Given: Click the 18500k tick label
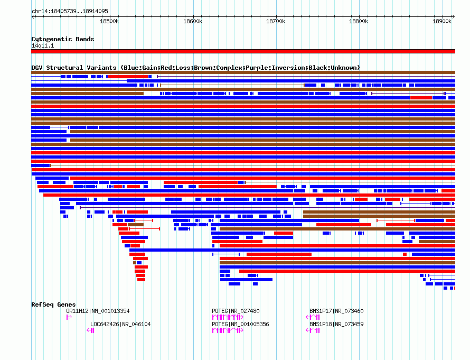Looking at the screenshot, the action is (x=109, y=21).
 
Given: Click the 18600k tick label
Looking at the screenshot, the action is (x=193, y=21).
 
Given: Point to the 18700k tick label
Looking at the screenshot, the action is (x=276, y=21).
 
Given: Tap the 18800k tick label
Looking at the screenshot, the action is (x=359, y=21).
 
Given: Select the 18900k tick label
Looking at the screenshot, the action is (x=442, y=21).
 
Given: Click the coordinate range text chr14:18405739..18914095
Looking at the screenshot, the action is (x=70, y=12).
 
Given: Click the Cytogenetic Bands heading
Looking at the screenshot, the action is (x=63, y=39).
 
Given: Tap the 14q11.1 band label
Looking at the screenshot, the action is (x=43, y=45).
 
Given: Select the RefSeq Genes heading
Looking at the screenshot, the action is (x=53, y=304).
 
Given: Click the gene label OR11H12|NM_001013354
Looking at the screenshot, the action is (x=98, y=311).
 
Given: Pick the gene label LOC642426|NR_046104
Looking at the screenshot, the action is (x=120, y=324).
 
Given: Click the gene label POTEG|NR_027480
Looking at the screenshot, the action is (x=236, y=311).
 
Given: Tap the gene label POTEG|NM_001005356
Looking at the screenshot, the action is (x=240, y=324).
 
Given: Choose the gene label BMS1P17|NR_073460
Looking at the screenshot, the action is (x=336, y=311).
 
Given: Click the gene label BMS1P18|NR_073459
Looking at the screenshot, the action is (x=336, y=324).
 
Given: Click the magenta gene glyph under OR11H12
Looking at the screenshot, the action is (x=69, y=317).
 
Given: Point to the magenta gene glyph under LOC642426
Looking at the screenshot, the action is (x=90, y=330).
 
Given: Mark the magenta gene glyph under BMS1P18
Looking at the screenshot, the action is (x=313, y=330).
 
